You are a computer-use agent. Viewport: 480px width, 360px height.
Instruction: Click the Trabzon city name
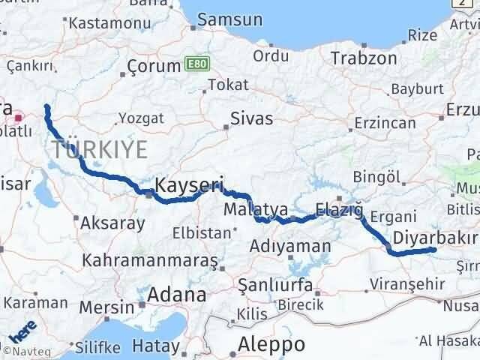(364, 58)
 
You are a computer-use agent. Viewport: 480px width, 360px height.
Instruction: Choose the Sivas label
(251, 118)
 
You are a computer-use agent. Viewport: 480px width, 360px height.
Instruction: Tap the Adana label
(176, 295)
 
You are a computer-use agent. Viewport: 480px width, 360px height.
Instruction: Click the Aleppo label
(271, 344)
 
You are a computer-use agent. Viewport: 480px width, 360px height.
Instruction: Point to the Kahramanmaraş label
(150, 260)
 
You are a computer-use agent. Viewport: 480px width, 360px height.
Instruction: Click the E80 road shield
(194, 66)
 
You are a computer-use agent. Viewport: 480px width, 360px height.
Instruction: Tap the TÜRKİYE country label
(100, 149)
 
